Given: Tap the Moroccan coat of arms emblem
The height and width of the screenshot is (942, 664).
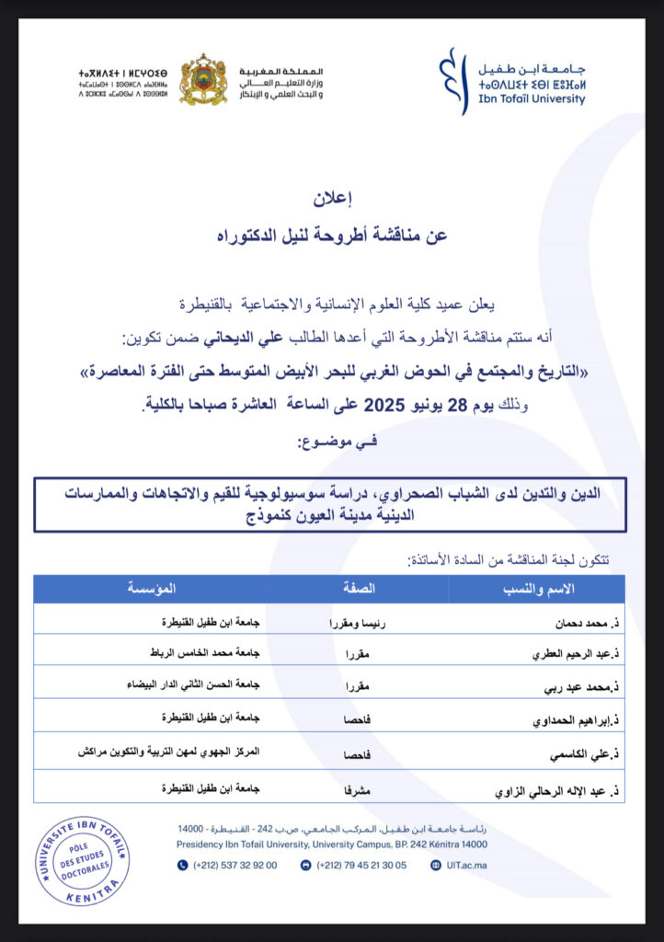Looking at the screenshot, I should (x=203, y=80).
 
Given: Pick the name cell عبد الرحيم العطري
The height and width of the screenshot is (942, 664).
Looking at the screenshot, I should (x=563, y=655).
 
